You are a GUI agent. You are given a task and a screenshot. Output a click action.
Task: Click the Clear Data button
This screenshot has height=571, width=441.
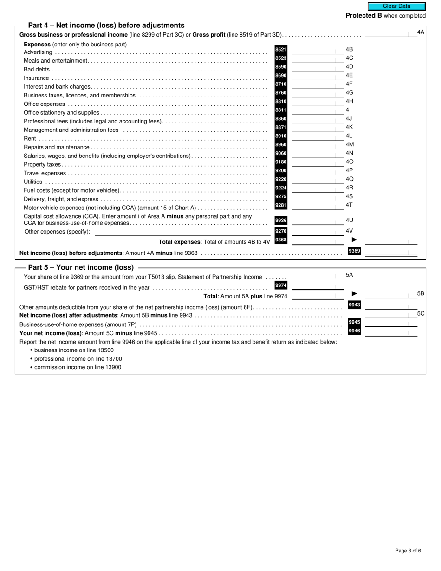coord(396,6)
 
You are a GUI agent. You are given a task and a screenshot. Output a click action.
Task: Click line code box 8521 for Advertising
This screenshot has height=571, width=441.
coord(281,50)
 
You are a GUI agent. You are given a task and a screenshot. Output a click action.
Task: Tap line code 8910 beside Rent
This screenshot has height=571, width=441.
coord(281,136)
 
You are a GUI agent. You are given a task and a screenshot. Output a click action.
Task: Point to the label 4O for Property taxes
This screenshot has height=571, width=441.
coord(350,162)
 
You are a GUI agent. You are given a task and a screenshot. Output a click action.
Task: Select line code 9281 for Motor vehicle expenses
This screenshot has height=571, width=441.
coord(281,205)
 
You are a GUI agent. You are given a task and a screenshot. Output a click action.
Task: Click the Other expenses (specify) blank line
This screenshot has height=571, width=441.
coord(182,232)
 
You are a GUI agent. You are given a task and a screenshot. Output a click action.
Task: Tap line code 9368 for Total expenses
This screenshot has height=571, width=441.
coord(281,240)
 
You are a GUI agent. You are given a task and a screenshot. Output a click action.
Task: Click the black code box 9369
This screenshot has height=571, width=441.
coord(355,251)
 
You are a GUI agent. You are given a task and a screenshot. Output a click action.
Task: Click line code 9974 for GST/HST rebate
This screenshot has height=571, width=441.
coord(281,285)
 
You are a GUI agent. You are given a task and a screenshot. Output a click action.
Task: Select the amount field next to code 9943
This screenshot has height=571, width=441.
coord(390,306)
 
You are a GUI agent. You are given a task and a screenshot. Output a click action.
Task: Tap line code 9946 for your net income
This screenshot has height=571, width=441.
coord(355,331)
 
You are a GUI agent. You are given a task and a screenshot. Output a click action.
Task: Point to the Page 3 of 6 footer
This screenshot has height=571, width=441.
coord(408,551)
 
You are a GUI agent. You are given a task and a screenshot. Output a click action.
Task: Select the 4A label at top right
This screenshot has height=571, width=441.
coord(421,32)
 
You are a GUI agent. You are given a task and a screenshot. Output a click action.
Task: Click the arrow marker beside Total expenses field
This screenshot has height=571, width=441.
coord(355,240)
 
